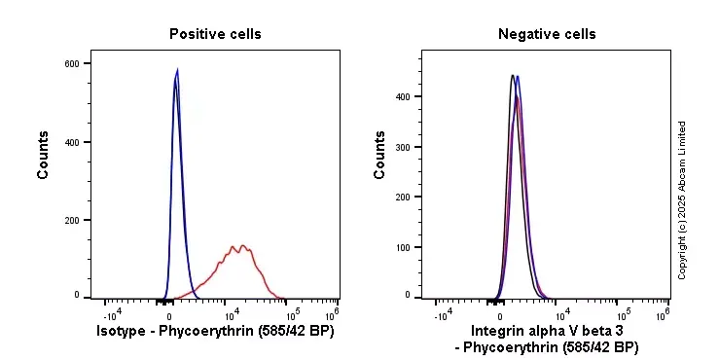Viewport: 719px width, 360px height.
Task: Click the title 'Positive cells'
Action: (215, 34)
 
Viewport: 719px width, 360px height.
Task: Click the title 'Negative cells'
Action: (547, 34)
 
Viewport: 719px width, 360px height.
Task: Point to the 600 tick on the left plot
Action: (72, 64)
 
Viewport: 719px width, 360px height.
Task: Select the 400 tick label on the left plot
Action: (72, 142)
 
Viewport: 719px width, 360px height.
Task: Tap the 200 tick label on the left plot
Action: (72, 221)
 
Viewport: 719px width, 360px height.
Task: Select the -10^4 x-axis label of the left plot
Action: (111, 314)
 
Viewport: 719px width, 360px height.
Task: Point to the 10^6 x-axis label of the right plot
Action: (663, 315)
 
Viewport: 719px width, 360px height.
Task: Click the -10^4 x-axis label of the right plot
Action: (442, 315)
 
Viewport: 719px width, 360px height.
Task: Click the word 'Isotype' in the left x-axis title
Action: (124, 331)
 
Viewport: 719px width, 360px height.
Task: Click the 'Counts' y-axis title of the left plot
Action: (43, 156)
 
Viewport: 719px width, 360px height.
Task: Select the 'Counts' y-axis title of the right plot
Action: (380, 156)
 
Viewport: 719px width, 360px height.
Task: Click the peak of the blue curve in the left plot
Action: (177, 69)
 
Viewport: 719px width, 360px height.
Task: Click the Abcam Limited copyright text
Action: (682, 199)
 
